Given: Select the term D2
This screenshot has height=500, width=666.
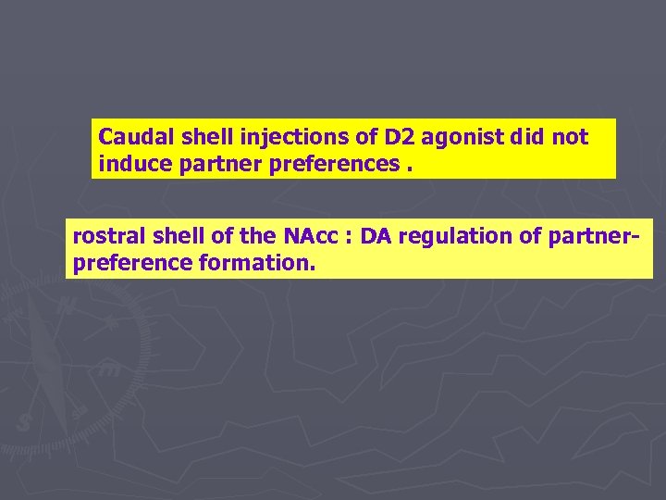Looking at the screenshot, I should click(401, 138).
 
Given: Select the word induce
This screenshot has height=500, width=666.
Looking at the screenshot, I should click(129, 165).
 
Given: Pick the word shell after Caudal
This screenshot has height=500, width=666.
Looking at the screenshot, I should click(203, 138).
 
